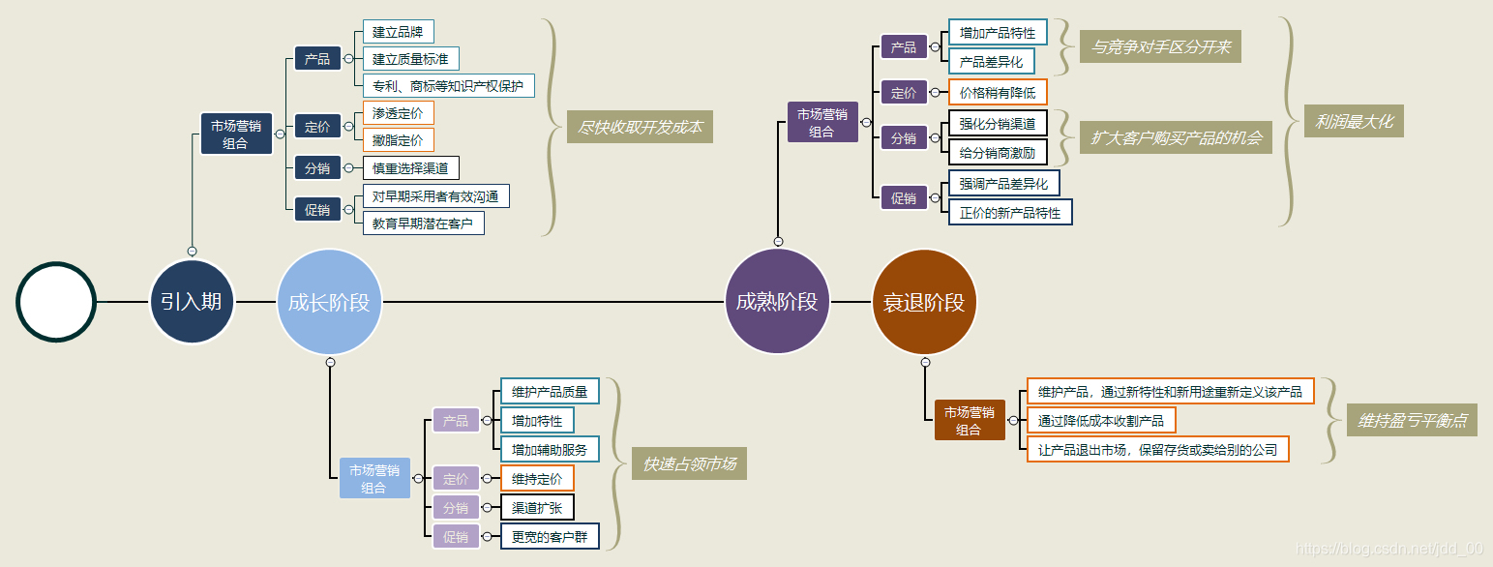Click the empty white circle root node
tap(56, 302)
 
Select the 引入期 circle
tap(192, 302)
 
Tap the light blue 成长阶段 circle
tap(329, 302)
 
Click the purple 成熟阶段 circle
tap(777, 302)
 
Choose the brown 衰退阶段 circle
tap(924, 302)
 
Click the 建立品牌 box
tap(398, 32)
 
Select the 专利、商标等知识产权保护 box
tap(448, 86)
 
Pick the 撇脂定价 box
tap(398, 140)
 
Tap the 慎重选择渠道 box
tap(410, 168)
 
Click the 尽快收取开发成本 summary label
tap(640, 127)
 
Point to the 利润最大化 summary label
tap(1354, 121)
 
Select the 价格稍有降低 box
tap(997, 93)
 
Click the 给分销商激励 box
tap(997, 152)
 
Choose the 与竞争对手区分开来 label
tap(1159, 46)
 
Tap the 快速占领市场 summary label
tap(689, 463)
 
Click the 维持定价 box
tap(536, 478)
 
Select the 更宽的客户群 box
tap(549, 536)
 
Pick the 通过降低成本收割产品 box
tap(1101, 420)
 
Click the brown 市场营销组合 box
tap(970, 420)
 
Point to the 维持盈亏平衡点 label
tap(1412, 420)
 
